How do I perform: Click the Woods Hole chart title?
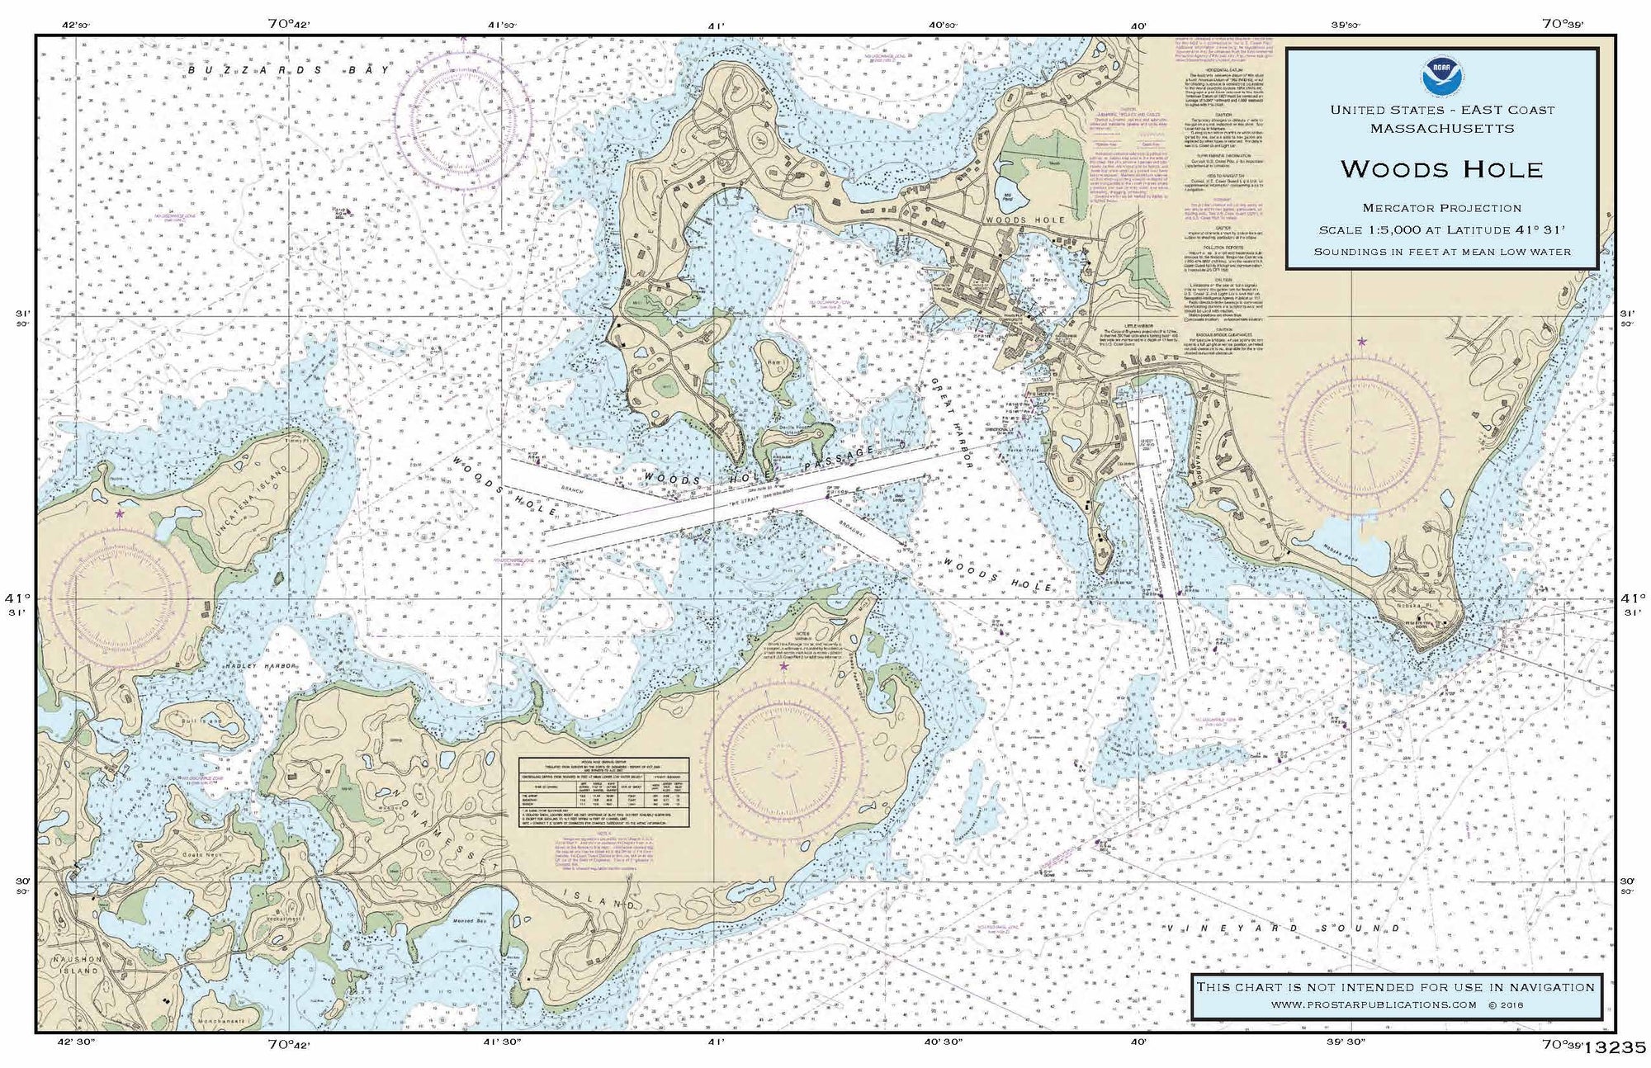point(1441,169)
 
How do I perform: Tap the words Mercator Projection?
point(1441,208)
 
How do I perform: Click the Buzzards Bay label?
point(288,70)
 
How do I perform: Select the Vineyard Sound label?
point(1284,929)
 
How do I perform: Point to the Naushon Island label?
point(76,965)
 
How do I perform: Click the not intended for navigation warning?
point(1395,987)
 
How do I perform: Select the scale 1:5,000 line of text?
point(1441,230)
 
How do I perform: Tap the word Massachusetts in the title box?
point(1441,129)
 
